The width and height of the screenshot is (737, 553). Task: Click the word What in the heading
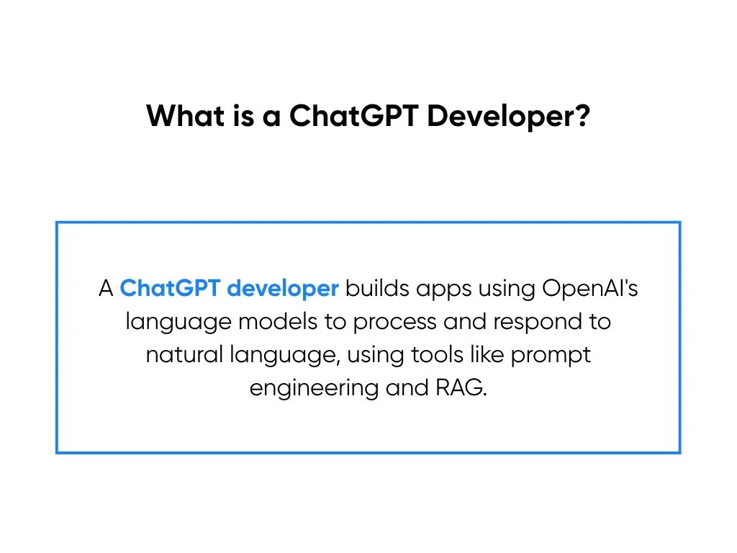(x=186, y=115)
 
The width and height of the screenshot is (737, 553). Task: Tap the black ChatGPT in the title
(x=354, y=115)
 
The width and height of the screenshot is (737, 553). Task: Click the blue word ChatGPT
(x=170, y=288)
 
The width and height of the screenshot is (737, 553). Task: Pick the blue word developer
(x=282, y=289)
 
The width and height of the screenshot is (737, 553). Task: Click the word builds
(x=377, y=288)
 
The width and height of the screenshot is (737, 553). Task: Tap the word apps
(x=443, y=289)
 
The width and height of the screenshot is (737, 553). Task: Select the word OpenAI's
(x=590, y=288)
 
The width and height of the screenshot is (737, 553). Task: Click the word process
(x=395, y=323)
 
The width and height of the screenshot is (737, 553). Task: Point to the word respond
(x=538, y=323)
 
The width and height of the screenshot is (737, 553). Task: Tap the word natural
(x=184, y=354)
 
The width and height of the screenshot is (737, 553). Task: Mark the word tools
(x=437, y=354)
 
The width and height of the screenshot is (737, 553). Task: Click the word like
(x=487, y=354)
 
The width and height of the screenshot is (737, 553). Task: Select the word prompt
(x=551, y=356)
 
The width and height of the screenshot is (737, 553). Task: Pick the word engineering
(x=314, y=389)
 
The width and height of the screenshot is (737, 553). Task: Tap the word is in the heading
(x=243, y=116)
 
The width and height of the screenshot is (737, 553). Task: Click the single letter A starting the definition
(x=106, y=288)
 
